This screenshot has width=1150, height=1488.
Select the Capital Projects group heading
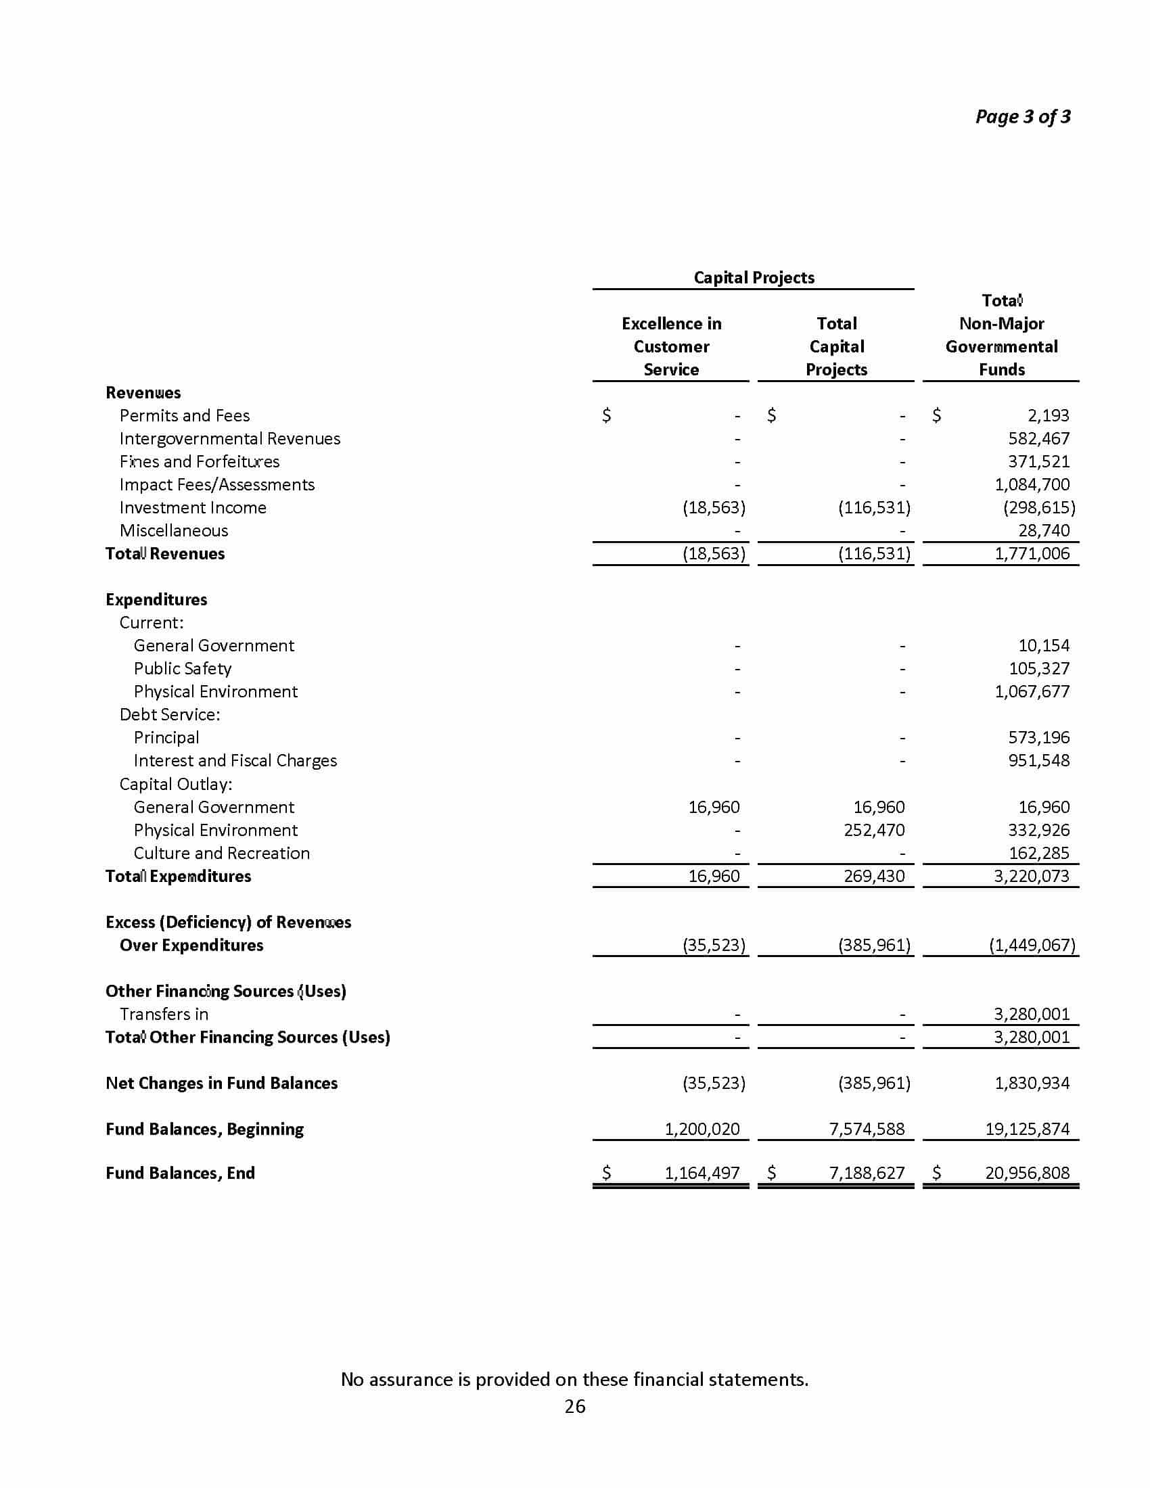pos(754,277)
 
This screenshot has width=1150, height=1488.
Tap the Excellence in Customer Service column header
pos(671,346)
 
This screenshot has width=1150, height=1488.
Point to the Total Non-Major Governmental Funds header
pos(1001,335)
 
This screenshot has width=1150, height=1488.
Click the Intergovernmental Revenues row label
pos(229,439)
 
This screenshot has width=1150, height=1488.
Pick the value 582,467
pos(1038,439)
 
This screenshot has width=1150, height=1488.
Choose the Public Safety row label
pos(182,668)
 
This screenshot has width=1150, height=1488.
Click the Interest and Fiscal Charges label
pos(235,760)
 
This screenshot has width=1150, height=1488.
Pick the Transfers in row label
pos(164,1014)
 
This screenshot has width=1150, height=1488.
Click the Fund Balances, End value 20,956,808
pos(1027,1173)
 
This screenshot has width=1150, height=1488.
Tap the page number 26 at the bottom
pos(574,1406)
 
